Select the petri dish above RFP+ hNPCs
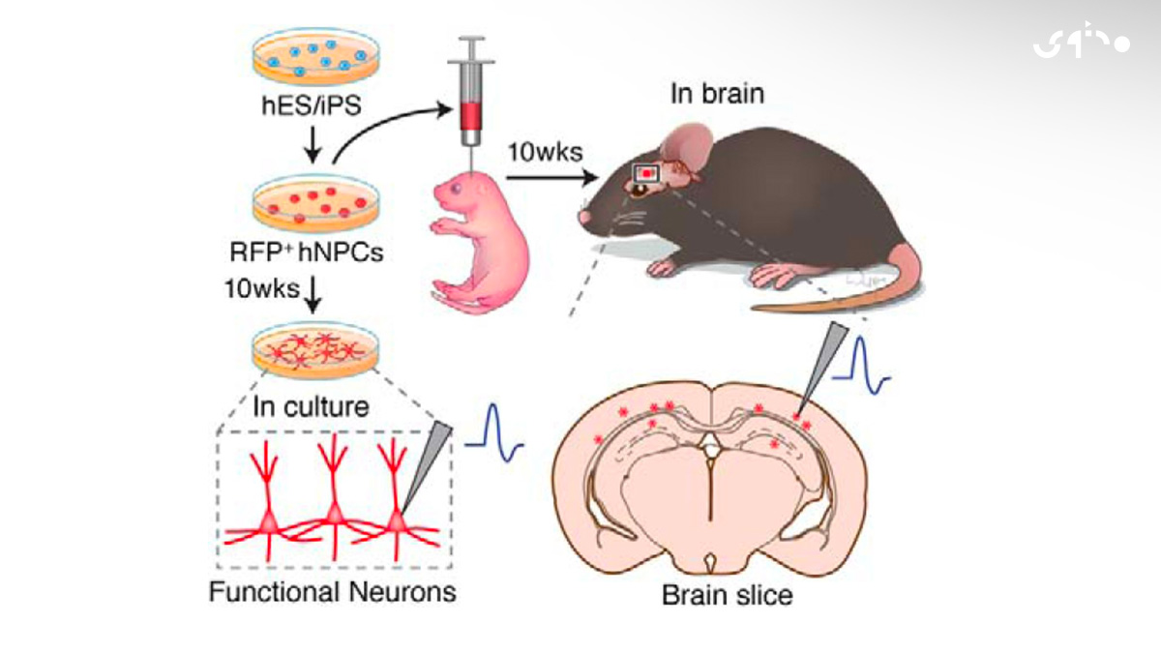coord(315,201)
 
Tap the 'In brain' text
coord(718,94)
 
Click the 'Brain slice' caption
coord(727,594)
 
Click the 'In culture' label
coord(311,406)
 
